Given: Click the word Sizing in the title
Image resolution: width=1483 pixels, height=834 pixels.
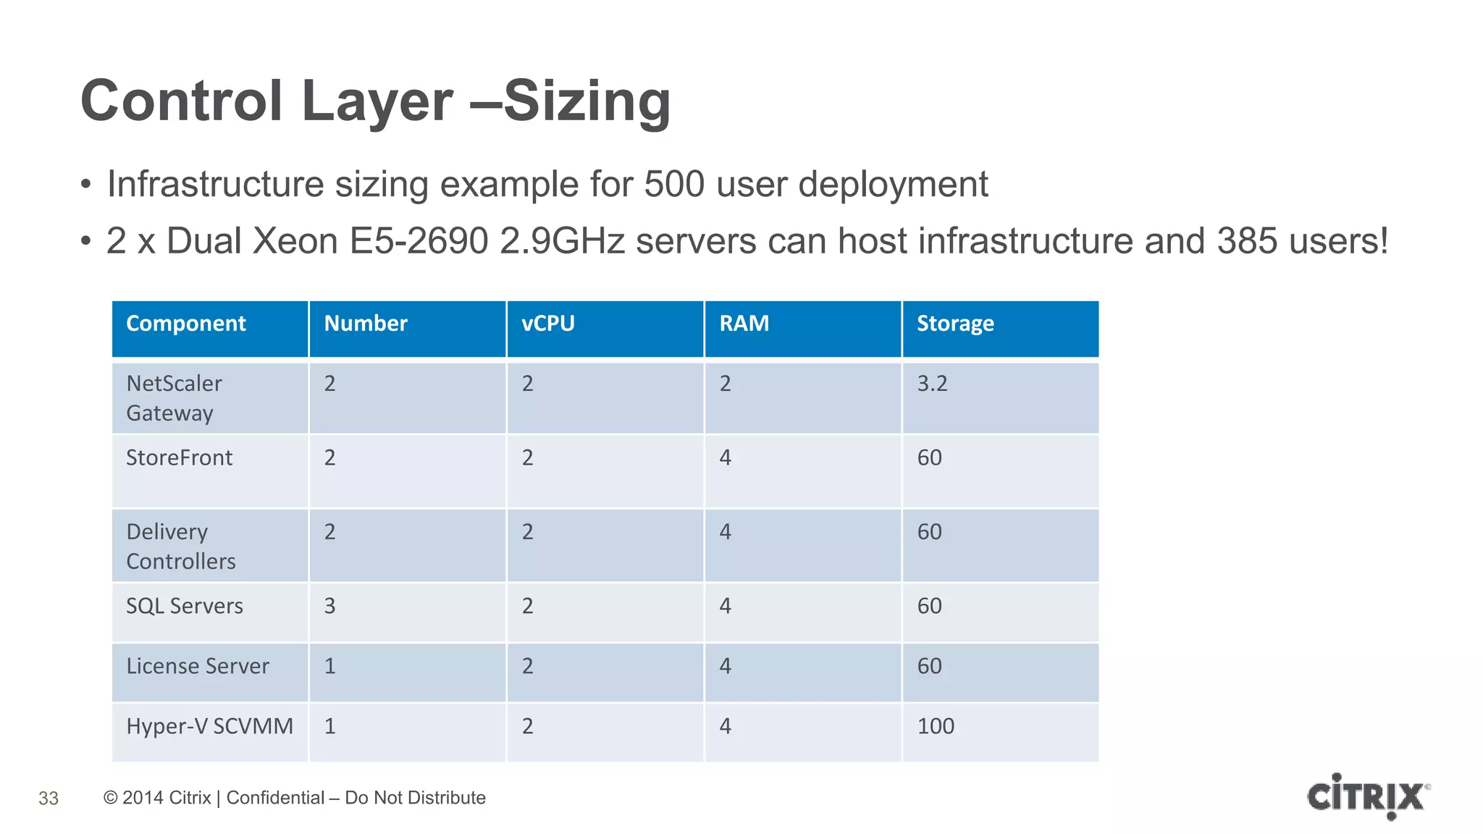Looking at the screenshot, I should click(587, 101).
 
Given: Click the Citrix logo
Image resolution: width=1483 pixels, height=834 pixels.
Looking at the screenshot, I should click(1368, 796).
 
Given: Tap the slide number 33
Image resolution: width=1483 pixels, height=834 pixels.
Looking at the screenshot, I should click(49, 799).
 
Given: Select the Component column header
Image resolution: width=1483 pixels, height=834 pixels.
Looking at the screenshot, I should click(186, 324).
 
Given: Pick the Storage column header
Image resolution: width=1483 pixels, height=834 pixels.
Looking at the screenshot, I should click(955, 324).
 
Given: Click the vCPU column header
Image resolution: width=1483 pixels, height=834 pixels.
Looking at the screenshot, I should click(548, 324).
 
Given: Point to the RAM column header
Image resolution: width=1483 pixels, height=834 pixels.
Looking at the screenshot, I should click(744, 324).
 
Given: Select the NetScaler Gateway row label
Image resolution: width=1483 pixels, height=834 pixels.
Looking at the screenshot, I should click(174, 398).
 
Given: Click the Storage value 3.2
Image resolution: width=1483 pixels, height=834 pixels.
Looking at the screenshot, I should click(932, 384).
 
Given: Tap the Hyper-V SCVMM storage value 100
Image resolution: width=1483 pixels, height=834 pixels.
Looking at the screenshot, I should click(936, 726).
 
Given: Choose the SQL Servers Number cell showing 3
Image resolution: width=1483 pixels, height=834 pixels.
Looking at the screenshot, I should click(329, 606).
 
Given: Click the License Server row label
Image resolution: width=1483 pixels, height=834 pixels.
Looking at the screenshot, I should click(197, 666).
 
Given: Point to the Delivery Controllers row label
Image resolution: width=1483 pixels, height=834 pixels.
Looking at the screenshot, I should click(180, 547).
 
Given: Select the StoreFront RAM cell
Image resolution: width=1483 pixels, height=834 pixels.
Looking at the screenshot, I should click(725, 458).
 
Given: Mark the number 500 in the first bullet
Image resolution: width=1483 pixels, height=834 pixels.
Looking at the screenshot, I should click(674, 184).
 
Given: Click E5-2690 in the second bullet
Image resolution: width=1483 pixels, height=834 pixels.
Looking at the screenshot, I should click(419, 241).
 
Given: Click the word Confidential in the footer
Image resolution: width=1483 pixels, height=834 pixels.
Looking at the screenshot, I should click(275, 798).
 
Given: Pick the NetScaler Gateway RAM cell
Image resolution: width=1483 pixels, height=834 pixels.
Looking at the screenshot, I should click(725, 384).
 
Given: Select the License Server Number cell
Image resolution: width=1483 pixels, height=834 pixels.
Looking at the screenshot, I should click(329, 666).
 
